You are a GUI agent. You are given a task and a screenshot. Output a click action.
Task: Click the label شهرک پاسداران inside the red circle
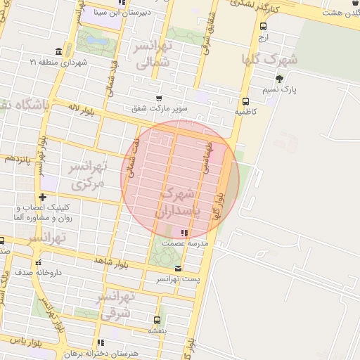(177, 201)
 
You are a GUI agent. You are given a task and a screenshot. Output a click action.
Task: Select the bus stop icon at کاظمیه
(245, 101)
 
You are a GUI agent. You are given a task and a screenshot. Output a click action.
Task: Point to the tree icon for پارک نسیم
(279, 79)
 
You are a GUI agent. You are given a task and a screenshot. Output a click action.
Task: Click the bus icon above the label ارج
(263, 26)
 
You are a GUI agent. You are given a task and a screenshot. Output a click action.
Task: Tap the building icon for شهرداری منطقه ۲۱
(58, 52)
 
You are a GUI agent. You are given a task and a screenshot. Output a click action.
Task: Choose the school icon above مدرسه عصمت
(184, 233)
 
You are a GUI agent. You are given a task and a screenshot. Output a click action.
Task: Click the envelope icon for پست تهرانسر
(177, 269)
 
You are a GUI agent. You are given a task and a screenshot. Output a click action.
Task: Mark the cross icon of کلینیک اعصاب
(43, 198)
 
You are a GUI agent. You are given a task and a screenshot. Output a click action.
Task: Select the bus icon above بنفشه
(157, 319)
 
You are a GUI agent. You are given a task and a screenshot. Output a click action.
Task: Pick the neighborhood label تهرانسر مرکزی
(86, 175)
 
